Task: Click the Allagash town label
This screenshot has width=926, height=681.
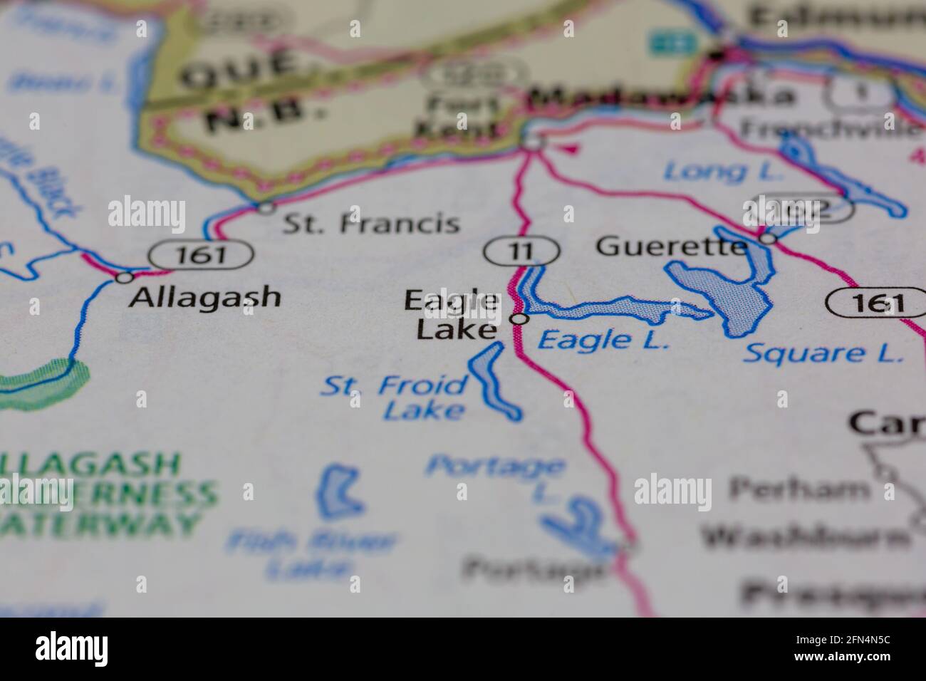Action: coord(205,296)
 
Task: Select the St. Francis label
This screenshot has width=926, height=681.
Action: coord(370,224)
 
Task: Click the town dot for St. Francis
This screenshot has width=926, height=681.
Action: coord(266,208)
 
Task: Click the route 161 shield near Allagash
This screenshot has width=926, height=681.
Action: coord(201,254)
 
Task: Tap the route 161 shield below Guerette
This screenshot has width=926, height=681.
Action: coord(875,303)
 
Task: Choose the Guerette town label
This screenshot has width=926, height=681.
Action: coord(672,246)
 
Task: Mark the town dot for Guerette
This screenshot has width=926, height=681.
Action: coord(767,239)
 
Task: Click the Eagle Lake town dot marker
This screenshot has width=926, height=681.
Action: coord(521,318)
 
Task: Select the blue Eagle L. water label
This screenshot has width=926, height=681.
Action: coord(603,340)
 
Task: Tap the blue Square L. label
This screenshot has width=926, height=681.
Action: coord(822,353)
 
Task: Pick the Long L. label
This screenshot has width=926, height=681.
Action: coord(723,172)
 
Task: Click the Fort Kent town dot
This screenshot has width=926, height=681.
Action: coord(533,143)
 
